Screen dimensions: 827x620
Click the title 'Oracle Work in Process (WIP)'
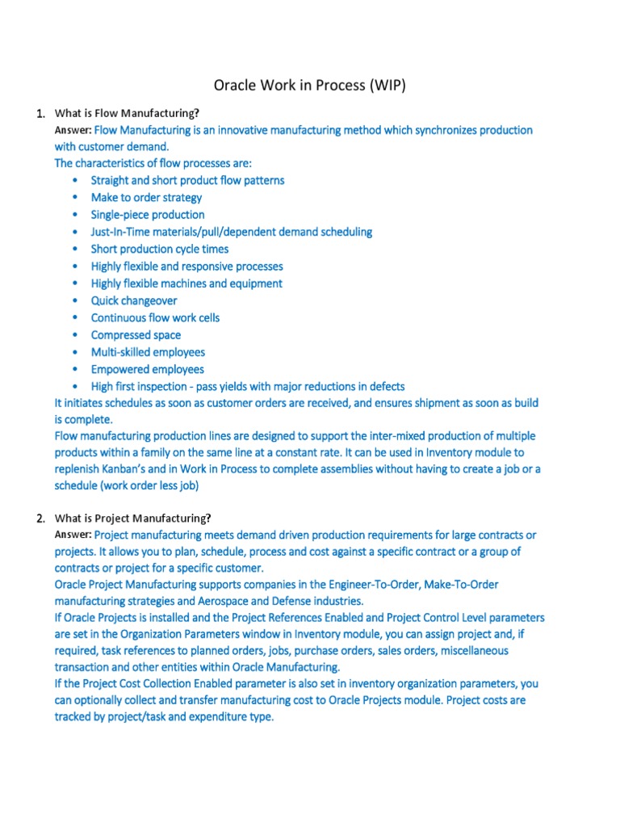coord(310,85)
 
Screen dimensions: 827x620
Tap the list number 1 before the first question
coord(40,113)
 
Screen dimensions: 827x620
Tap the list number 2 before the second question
coord(40,518)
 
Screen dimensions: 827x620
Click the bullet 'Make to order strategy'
coord(146,197)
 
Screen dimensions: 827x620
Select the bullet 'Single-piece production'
coord(148,215)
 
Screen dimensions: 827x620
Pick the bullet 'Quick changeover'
coord(134,300)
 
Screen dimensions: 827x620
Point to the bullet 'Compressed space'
coord(136,334)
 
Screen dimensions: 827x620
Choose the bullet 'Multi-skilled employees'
coord(148,352)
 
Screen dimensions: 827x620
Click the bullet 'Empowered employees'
coord(147,369)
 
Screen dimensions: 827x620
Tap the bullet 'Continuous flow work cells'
coord(155,317)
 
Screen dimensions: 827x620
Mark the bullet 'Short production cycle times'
coord(160,249)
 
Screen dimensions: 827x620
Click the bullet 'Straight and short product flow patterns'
coord(187,180)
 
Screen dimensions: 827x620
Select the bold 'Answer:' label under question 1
coord(73,130)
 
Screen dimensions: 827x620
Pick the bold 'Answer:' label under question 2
coord(73,535)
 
